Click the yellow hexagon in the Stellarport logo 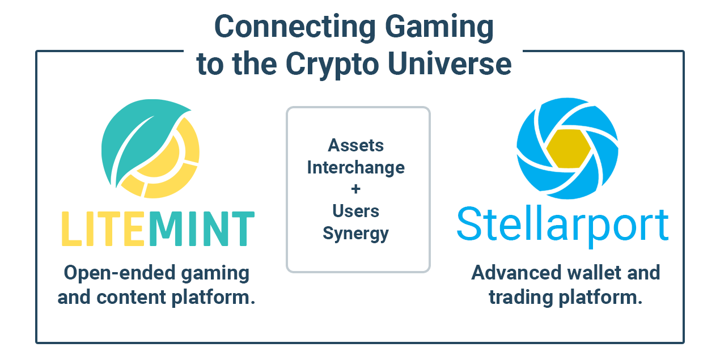click(569, 148)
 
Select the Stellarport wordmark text click(562, 226)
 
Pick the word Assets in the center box click(356, 146)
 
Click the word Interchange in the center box click(356, 167)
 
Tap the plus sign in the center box click(356, 189)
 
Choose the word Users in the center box click(356, 211)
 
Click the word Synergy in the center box click(356, 233)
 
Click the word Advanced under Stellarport click(516, 273)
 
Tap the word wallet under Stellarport click(592, 273)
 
